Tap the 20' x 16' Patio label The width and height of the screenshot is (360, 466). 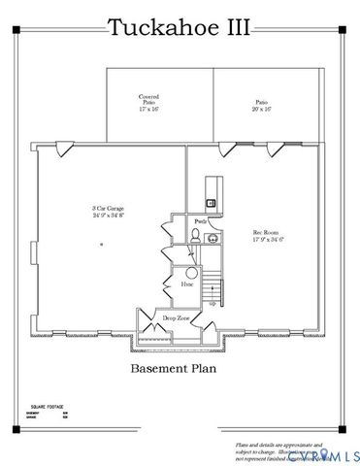pyautogui.click(x=262, y=105)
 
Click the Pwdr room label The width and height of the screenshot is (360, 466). pyautogui.click(x=200, y=222)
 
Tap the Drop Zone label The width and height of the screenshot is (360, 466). pyautogui.click(x=176, y=318)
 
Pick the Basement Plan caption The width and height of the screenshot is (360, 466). pyautogui.click(x=180, y=370)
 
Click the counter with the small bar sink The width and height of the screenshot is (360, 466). pyautogui.click(x=213, y=193)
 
